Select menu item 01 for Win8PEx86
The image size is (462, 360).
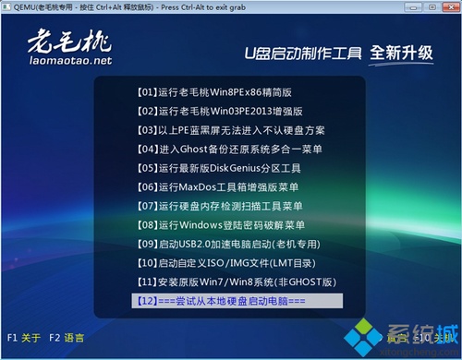click(x=213, y=92)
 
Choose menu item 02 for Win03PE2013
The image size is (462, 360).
click(x=213, y=111)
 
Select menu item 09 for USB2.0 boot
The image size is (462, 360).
click(x=226, y=244)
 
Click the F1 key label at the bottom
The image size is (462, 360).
click(x=12, y=338)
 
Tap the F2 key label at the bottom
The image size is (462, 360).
click(x=55, y=338)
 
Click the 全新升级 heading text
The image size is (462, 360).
click(x=400, y=52)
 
